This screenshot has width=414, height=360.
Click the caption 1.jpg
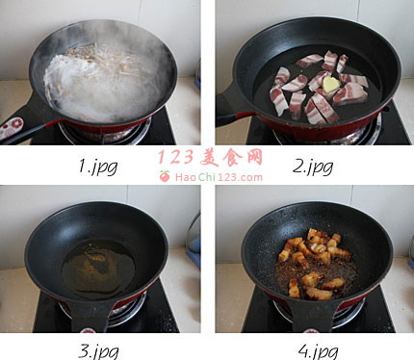click(98, 167)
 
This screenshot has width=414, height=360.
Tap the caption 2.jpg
click(313, 167)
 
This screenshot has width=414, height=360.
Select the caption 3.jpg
click(98, 351)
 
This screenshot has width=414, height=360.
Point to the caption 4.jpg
click(318, 351)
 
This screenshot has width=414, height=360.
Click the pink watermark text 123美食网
click(210, 157)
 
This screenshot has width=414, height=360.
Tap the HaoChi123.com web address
click(219, 177)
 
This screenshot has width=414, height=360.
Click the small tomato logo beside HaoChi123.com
click(165, 176)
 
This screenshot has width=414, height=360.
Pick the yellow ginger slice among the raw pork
click(331, 84)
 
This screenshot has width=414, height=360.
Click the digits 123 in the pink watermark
click(176, 157)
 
